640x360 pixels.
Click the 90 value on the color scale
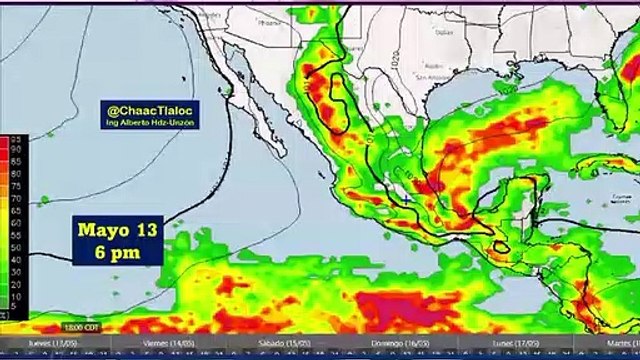tap(15, 150)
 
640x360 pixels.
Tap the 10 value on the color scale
tap(15, 298)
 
